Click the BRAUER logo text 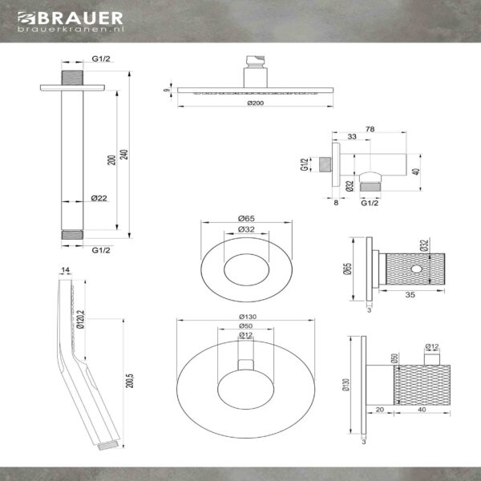pyautogui.click(x=80, y=18)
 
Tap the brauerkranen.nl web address pyautogui.click(x=71, y=29)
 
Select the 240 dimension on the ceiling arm pyautogui.click(x=124, y=154)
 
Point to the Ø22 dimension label pyautogui.click(x=99, y=198)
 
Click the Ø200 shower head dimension pyautogui.click(x=256, y=103)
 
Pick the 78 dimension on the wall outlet pyautogui.click(x=370, y=129)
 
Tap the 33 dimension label pyautogui.click(x=352, y=136)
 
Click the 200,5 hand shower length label pyautogui.click(x=129, y=381)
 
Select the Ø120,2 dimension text pyautogui.click(x=80, y=319)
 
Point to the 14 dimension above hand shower pyautogui.click(x=66, y=270)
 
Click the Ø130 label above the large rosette pyautogui.click(x=248, y=317)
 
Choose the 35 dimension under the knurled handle pyautogui.click(x=410, y=295)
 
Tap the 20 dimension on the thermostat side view pyautogui.click(x=380, y=410)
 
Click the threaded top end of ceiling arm pyautogui.click(x=72, y=78)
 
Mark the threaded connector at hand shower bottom pyautogui.click(x=108, y=446)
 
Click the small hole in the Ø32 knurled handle pyautogui.click(x=416, y=269)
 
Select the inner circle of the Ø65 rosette pyautogui.click(x=247, y=269)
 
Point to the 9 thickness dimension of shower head pyautogui.click(x=167, y=90)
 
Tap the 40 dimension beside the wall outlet pyautogui.click(x=416, y=172)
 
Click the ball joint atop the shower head pyautogui.click(x=255, y=62)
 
